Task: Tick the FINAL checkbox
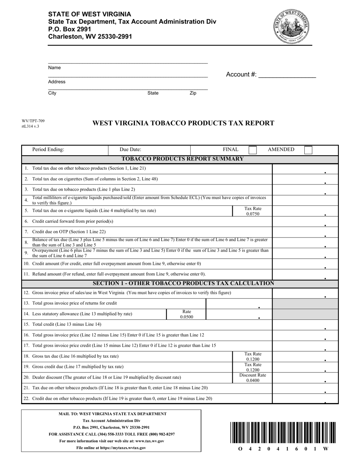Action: (x=252, y=150)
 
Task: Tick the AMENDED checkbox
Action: (x=308, y=150)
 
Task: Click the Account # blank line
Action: (x=286, y=75)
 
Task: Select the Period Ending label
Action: (x=48, y=150)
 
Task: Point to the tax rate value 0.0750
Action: (x=252, y=214)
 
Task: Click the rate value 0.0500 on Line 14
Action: (x=186, y=317)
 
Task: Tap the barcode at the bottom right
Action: (x=282, y=432)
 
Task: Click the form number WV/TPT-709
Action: (x=33, y=121)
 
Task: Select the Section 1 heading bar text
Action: (x=183, y=283)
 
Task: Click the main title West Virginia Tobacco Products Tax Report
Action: (x=183, y=123)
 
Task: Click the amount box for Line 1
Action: (x=305, y=169)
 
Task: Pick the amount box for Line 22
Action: (x=305, y=399)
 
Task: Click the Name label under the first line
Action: (x=55, y=68)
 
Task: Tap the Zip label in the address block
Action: (x=193, y=93)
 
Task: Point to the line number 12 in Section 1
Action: (x=26, y=293)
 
